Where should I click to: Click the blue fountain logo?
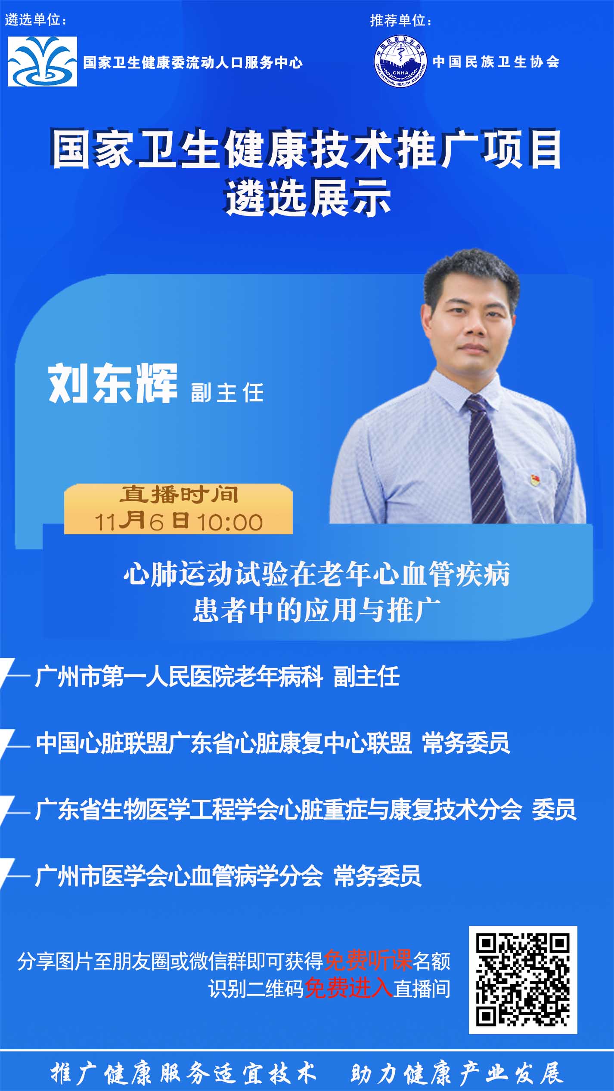pyautogui.click(x=42, y=62)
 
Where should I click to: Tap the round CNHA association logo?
pyautogui.click(x=400, y=62)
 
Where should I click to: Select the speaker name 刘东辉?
pyautogui.click(x=112, y=383)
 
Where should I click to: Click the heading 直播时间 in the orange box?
pyautogui.click(x=179, y=494)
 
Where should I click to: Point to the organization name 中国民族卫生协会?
pyautogui.click(x=496, y=62)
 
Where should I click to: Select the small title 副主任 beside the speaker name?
pyautogui.click(x=227, y=393)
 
